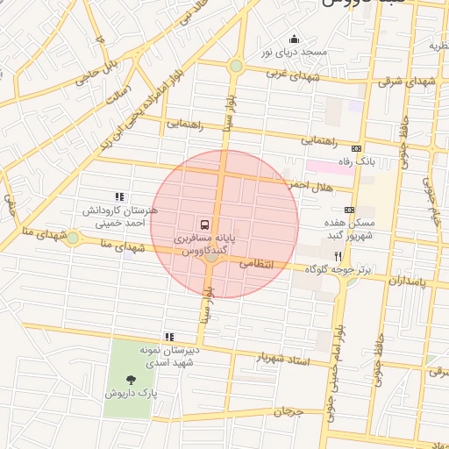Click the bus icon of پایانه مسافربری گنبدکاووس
pyautogui.click(x=203, y=224)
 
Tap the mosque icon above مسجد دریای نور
pyautogui.click(x=294, y=38)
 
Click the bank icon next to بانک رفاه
pyautogui.click(x=356, y=148)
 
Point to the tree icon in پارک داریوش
pyautogui.click(x=131, y=380)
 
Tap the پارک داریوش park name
pyautogui.click(x=132, y=394)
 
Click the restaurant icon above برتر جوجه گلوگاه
pyautogui.click(x=351, y=255)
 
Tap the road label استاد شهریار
pyautogui.click(x=283, y=359)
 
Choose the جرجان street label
pyautogui.click(x=286, y=411)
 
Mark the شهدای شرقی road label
pyautogui.click(x=407, y=81)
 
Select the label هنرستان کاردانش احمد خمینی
pyautogui.click(x=119, y=217)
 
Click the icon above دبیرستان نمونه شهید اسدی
pyautogui.click(x=168, y=337)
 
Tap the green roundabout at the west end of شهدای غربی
pyautogui.click(x=235, y=67)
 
